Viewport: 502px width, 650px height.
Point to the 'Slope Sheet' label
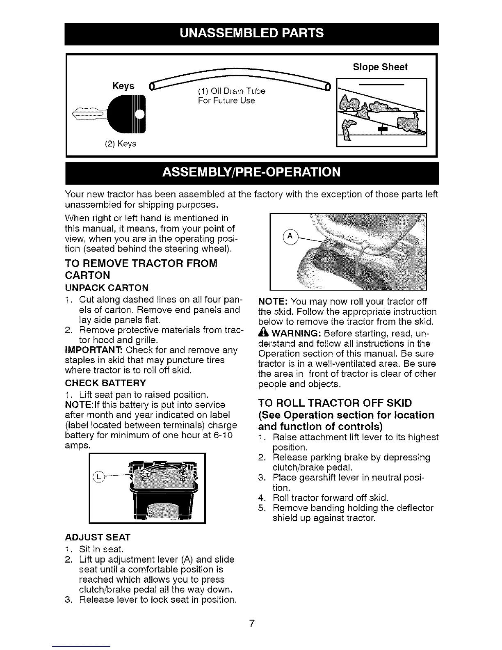tap(380, 67)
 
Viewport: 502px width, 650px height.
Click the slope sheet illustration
tap(381, 112)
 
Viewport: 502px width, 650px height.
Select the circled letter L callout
tap(99, 476)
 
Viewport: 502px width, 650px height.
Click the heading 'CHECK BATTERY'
tap(105, 383)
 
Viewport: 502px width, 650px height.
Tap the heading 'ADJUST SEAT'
tap(98, 537)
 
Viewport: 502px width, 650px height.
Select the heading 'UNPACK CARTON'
tap(107, 287)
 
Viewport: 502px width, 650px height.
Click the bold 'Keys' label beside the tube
tap(123, 86)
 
